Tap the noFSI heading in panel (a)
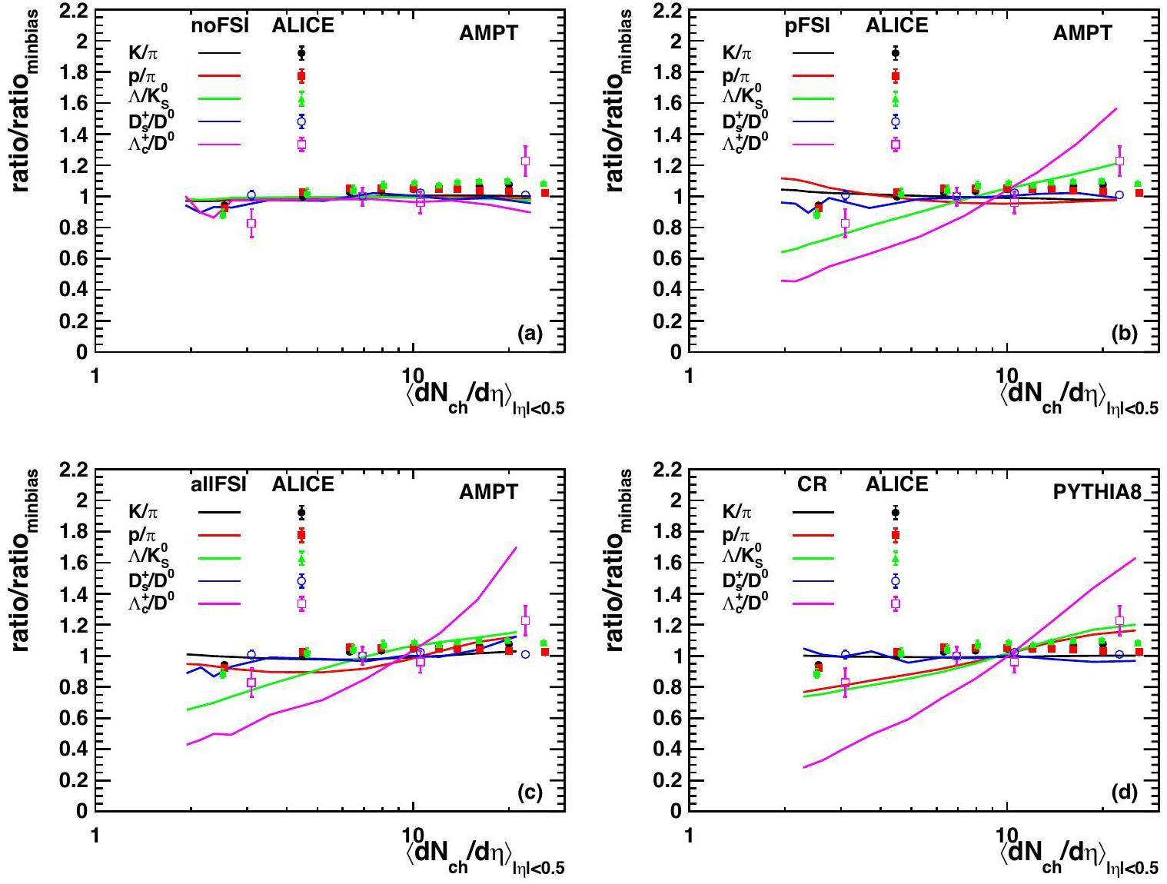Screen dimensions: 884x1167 point(219,26)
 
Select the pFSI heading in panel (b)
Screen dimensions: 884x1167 point(807,26)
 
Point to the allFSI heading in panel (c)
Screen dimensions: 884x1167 point(219,485)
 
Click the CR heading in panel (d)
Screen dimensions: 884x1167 point(812,485)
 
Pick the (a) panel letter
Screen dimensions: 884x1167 point(530,334)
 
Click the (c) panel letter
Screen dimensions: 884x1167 point(530,793)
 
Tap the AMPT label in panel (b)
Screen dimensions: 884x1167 point(1082,33)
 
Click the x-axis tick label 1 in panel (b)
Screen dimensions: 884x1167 point(690,376)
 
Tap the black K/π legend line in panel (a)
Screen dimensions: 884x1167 point(219,53)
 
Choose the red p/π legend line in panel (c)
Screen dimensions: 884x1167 point(219,535)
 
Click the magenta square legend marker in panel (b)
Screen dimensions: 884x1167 point(896,144)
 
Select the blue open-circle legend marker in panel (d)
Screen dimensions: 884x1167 point(896,580)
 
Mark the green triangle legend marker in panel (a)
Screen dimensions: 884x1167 point(301,99)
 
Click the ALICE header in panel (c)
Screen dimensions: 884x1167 point(303,485)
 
